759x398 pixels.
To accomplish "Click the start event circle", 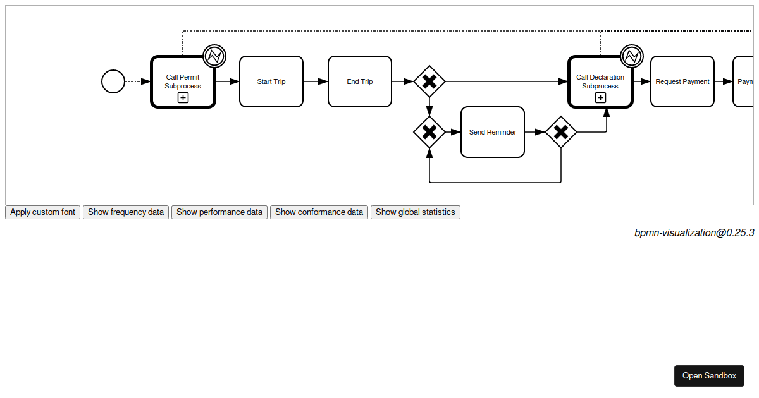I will (113, 81).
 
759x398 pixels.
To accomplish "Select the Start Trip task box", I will (271, 81).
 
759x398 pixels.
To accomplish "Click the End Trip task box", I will (360, 81).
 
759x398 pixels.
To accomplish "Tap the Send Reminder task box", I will (493, 132).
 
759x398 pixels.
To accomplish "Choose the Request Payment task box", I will (682, 81).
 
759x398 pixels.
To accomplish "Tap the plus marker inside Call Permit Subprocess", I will (183, 97).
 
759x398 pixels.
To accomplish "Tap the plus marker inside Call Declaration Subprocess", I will (600, 97).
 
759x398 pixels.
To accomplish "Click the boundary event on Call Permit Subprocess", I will (214, 56).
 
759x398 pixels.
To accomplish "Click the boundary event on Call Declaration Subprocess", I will (632, 56).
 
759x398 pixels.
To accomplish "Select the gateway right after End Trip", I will (429, 81).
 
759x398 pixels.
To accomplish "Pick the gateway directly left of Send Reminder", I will (429, 132).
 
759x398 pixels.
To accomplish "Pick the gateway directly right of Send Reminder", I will (561, 132).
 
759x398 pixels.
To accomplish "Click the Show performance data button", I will (219, 212).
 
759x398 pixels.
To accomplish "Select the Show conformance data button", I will (319, 212).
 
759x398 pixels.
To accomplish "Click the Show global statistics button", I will (415, 212).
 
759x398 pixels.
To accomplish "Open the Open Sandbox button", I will (709, 376).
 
